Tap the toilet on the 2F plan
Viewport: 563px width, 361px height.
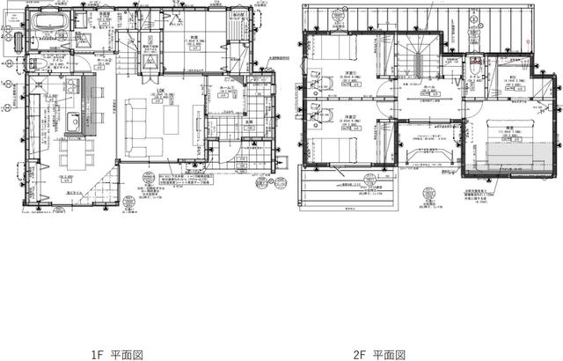click(x=474, y=64)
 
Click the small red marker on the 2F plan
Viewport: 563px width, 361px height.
click(x=526, y=42)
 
